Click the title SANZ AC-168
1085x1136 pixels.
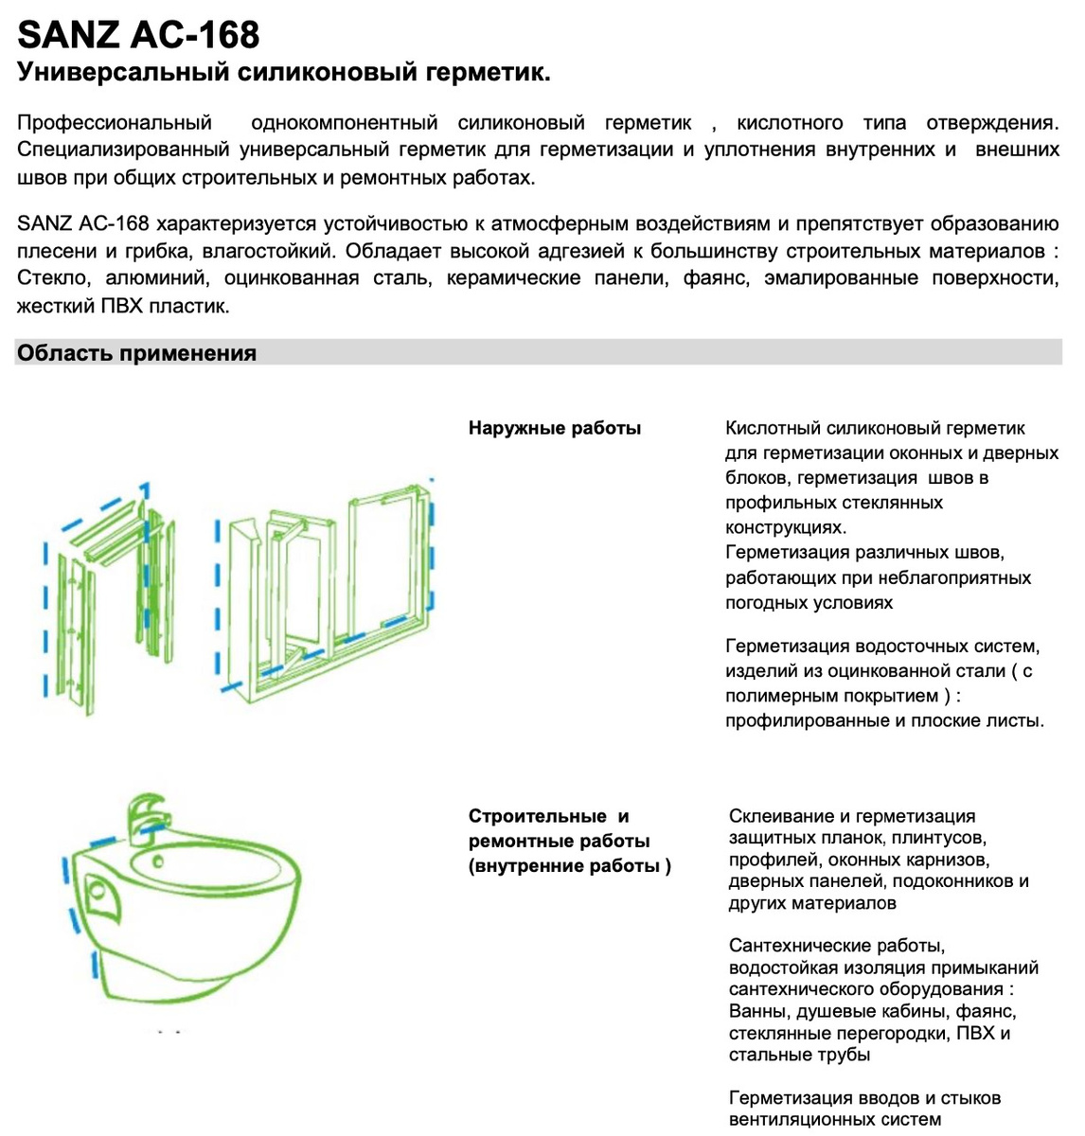pos(138,35)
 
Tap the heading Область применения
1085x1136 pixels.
pos(137,353)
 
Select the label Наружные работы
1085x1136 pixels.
pos(555,428)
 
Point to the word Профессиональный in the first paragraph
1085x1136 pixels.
pos(115,123)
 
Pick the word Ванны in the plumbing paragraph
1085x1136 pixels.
pos(756,1011)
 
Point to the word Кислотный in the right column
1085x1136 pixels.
pos(772,428)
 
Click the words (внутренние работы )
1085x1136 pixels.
pos(570,865)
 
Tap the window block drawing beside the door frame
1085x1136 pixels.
pos(327,596)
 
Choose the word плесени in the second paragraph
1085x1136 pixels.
pos(56,252)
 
